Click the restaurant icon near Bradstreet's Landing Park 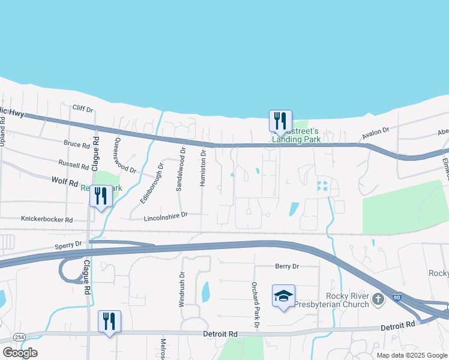point(280,121)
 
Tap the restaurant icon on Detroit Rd point(109,322)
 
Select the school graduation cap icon point(283,296)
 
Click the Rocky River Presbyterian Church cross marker point(378,299)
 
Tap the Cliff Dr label point(83,109)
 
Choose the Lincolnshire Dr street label point(166,214)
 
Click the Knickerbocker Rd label point(47,220)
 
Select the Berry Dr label point(287,266)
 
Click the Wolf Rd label point(65,180)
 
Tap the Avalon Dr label point(376,134)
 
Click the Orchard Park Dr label point(255,304)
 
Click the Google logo point(20,353)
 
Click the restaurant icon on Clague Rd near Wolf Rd point(101,196)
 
